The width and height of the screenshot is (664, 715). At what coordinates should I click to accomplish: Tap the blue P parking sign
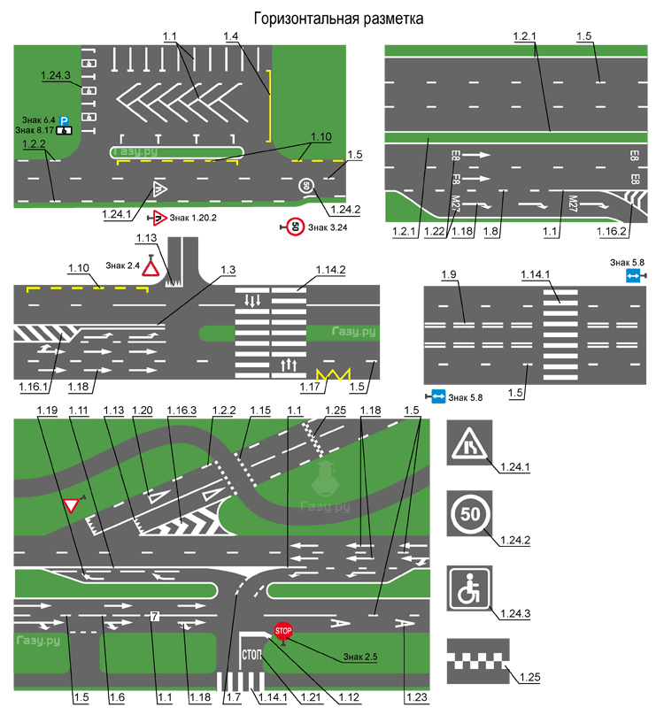pos(64,119)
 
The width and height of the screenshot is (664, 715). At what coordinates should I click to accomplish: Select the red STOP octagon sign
pos(282,631)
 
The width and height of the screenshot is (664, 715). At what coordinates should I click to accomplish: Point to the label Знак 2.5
pos(360,657)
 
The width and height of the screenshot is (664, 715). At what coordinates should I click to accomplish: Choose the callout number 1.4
pos(233,36)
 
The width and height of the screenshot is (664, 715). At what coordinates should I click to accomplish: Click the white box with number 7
pos(154,616)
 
